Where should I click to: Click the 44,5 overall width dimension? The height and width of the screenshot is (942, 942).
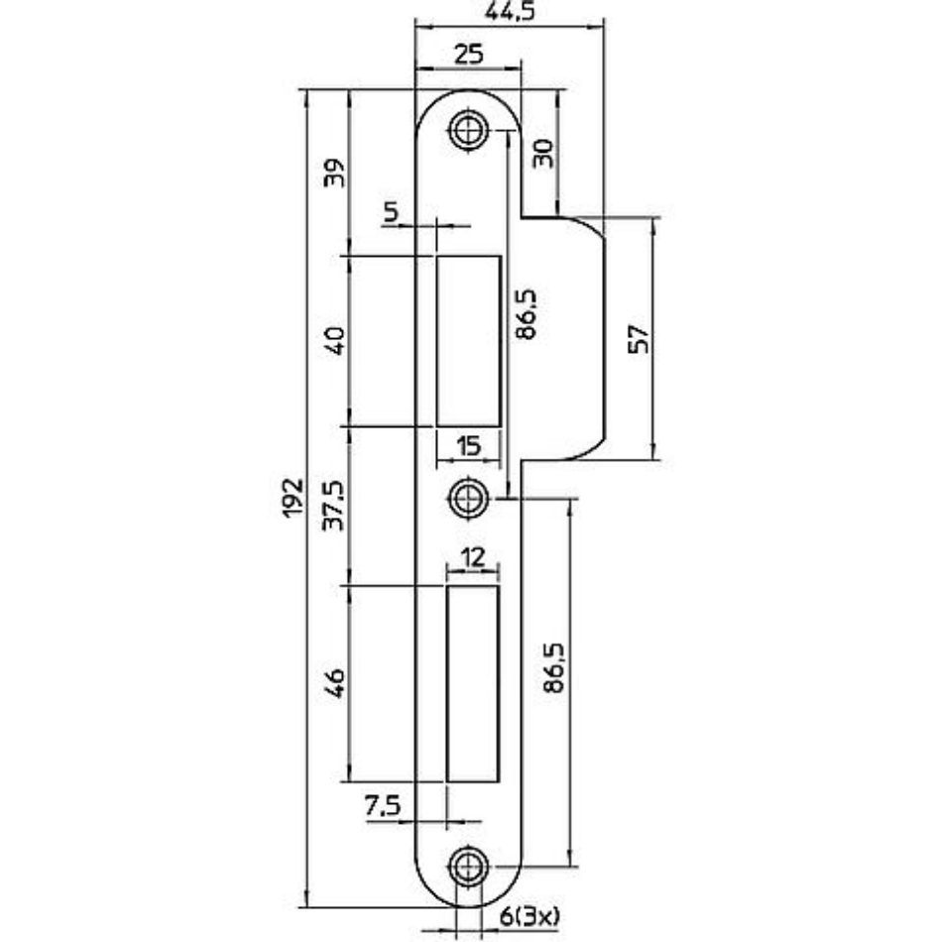(x=509, y=12)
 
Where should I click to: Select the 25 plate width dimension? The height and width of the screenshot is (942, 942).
(x=469, y=55)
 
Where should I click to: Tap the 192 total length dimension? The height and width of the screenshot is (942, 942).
(x=293, y=498)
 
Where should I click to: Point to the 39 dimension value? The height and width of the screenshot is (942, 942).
(x=334, y=173)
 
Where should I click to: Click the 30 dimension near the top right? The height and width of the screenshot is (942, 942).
(x=543, y=153)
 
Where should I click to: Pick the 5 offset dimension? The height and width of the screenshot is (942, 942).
(x=391, y=212)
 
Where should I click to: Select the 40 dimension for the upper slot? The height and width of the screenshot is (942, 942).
(x=334, y=340)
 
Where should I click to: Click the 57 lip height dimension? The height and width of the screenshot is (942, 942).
(x=638, y=339)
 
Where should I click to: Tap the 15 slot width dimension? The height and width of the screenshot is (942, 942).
(x=469, y=446)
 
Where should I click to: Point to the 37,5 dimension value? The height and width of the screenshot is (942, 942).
(x=333, y=506)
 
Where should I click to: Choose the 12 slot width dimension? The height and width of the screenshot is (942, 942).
(x=473, y=557)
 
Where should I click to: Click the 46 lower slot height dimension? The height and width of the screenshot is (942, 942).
(x=334, y=682)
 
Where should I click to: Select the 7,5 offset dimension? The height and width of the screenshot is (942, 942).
(x=384, y=804)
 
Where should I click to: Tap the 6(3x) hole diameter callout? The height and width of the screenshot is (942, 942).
(x=530, y=915)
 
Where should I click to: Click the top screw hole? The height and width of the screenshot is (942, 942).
(x=467, y=130)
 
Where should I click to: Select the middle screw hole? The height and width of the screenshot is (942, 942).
(x=467, y=498)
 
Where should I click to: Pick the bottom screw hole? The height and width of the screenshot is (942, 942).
(x=467, y=867)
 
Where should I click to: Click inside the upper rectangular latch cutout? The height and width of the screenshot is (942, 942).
(x=469, y=341)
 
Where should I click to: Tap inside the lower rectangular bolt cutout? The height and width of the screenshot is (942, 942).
(x=473, y=683)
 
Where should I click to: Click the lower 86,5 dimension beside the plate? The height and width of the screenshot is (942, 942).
(x=553, y=668)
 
